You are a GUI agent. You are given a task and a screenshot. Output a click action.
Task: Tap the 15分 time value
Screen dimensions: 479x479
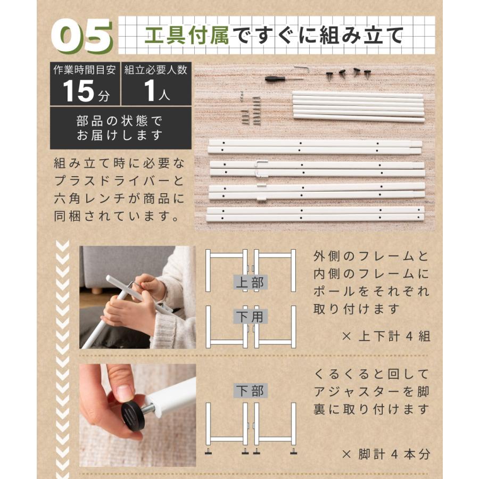(x=85, y=91)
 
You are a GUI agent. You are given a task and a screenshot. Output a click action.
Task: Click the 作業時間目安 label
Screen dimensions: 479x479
(x=85, y=70)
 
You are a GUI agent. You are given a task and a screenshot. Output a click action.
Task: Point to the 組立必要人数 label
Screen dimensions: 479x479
(x=156, y=70)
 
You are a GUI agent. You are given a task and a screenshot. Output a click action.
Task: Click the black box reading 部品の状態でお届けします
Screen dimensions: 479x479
(x=120, y=128)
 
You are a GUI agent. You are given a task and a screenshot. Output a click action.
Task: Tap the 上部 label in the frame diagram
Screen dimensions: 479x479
(x=250, y=282)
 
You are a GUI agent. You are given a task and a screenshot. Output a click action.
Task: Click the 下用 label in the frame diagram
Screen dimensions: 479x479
(x=250, y=317)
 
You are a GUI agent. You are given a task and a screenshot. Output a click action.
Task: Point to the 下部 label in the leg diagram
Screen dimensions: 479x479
(x=250, y=392)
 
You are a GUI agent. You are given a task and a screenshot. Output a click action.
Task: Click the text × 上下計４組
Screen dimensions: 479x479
(x=386, y=337)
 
